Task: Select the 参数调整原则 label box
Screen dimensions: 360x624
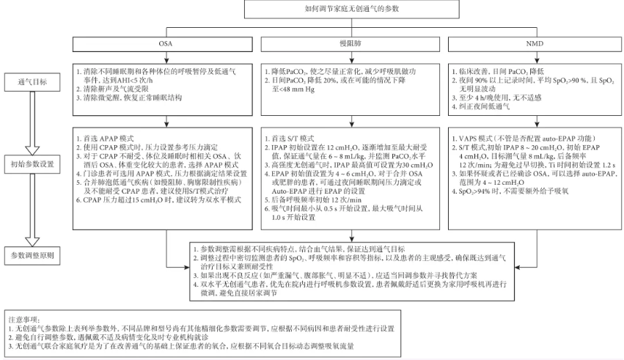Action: click(x=26, y=256)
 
